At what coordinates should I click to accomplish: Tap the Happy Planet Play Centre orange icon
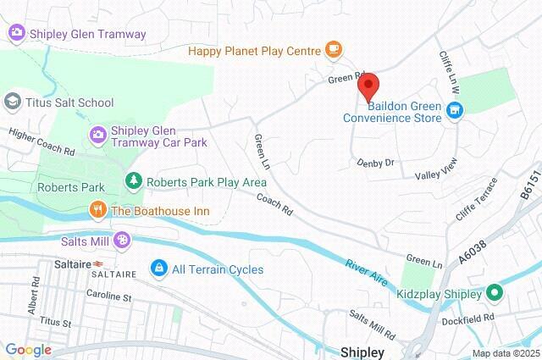click(x=334, y=49)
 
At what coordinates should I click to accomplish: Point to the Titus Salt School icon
click(x=13, y=102)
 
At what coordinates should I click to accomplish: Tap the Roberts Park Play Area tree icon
click(x=133, y=180)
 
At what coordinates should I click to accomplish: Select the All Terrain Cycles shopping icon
click(x=158, y=269)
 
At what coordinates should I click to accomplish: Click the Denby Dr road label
click(x=376, y=162)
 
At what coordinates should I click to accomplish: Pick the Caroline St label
click(x=109, y=296)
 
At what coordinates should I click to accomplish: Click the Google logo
click(x=28, y=350)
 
